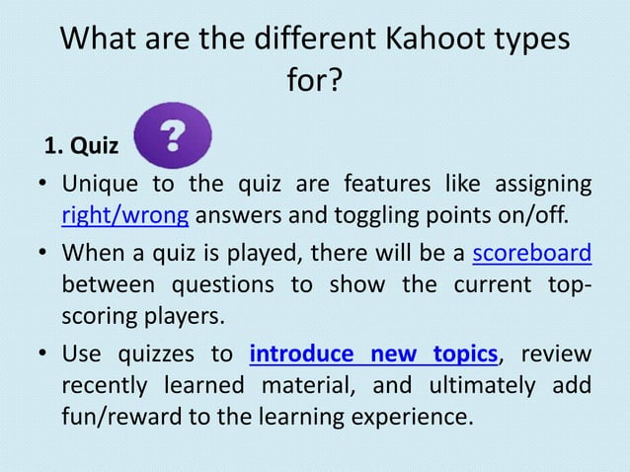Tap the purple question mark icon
tap(173, 136)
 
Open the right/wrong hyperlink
tap(124, 214)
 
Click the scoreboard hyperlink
tap(532, 254)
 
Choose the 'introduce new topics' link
tap(373, 353)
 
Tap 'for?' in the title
tap(315, 81)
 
